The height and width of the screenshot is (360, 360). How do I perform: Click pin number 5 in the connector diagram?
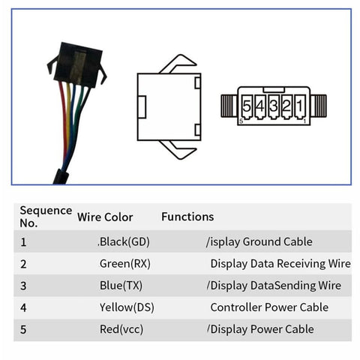[x=247, y=106]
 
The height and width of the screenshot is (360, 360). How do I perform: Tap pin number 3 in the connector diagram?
[x=274, y=106]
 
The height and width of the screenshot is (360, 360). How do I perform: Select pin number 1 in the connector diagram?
[x=300, y=106]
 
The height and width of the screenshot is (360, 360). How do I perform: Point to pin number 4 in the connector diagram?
[x=260, y=106]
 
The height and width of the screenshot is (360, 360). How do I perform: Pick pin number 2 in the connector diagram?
[x=286, y=106]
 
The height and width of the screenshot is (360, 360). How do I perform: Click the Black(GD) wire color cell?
[x=124, y=241]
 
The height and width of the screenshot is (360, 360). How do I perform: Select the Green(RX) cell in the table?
[x=125, y=264]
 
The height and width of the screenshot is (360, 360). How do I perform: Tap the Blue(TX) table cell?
[x=121, y=286]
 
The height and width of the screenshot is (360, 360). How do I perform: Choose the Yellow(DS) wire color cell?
[x=127, y=307]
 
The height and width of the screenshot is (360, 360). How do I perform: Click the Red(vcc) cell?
[x=121, y=329]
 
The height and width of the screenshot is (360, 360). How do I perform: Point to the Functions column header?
[x=187, y=217]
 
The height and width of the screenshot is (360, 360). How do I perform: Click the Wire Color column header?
[x=105, y=217]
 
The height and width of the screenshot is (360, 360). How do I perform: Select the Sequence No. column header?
[x=46, y=217]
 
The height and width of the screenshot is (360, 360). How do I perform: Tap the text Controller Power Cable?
[x=269, y=307]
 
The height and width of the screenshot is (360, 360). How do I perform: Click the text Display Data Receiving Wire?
[x=280, y=264]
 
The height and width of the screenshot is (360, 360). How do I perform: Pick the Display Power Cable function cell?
[x=261, y=329]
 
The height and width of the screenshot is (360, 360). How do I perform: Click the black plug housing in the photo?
[x=77, y=65]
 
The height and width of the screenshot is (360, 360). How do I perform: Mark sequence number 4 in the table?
[x=23, y=307]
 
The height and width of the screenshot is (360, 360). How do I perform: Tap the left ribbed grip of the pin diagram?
[x=229, y=106]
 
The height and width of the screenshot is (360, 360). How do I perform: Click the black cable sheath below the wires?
[x=61, y=177]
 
